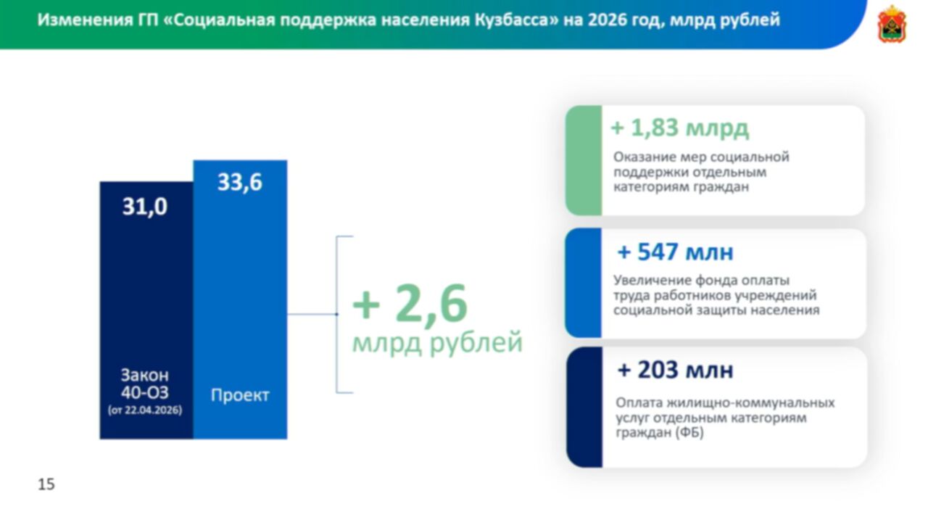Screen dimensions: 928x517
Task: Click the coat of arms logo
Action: pyautogui.click(x=892, y=24)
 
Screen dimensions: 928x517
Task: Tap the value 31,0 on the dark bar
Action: pyautogui.click(x=144, y=207)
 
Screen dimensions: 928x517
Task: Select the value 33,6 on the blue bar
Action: pyautogui.click(x=240, y=182)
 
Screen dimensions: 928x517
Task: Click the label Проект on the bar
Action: pyautogui.click(x=240, y=394)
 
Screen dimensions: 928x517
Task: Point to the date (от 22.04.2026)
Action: pyautogui.click(x=145, y=410)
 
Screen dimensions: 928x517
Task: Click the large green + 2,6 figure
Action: pyautogui.click(x=410, y=304)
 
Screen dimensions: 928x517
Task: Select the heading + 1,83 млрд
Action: pyautogui.click(x=680, y=128)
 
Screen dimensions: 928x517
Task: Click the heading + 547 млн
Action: pyautogui.click(x=675, y=252)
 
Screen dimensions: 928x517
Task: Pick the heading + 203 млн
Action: pyautogui.click(x=675, y=370)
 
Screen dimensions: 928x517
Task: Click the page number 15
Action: pyautogui.click(x=46, y=484)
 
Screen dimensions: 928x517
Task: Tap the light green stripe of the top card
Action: pyautogui.click(x=584, y=160)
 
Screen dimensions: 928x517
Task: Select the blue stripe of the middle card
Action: pyautogui.click(x=583, y=283)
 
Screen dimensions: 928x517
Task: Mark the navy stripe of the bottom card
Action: pyautogui.click(x=584, y=408)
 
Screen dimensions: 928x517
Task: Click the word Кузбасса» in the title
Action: pyautogui.click(x=517, y=20)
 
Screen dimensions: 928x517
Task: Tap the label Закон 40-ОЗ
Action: pyautogui.click(x=144, y=384)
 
